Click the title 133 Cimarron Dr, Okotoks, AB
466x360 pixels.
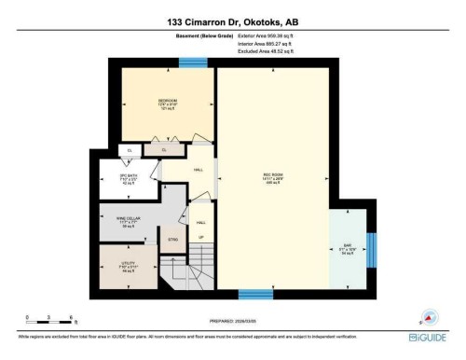(x=232, y=21)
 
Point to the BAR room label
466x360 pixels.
(x=347, y=249)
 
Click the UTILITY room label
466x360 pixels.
(x=128, y=265)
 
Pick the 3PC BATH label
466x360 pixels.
(x=129, y=178)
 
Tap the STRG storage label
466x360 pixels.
(x=173, y=240)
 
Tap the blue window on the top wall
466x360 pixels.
(x=193, y=62)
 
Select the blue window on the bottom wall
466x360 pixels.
(x=250, y=295)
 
